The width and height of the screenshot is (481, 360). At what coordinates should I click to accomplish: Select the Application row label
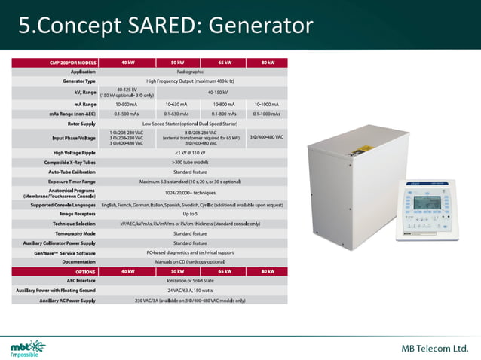click(82, 71)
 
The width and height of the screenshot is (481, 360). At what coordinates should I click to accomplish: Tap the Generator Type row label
click(78, 80)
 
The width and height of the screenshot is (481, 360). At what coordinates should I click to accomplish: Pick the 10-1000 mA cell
click(268, 105)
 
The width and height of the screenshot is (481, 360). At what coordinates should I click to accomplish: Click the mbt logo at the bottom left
click(27, 347)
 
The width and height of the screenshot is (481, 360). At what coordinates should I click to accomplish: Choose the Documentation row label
click(78, 261)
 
